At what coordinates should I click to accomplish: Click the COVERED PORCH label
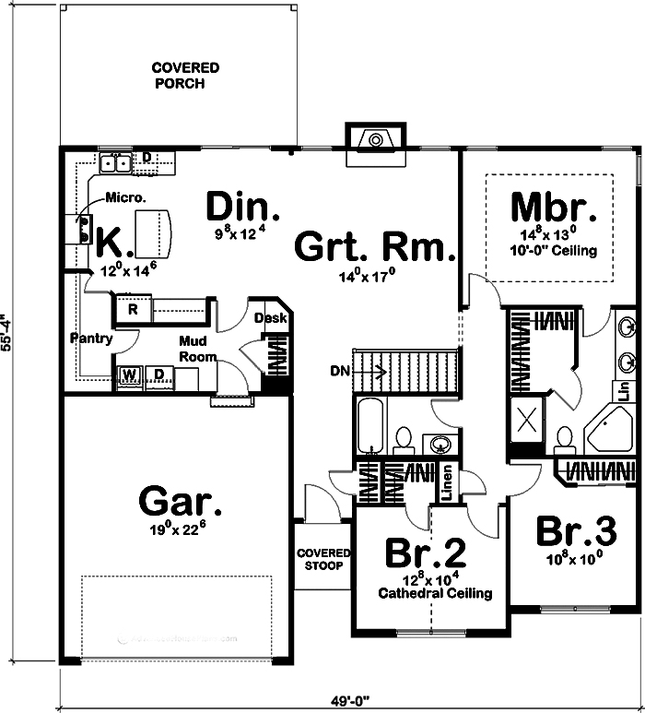pyautogui.click(x=185, y=76)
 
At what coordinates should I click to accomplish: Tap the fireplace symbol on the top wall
pyautogui.click(x=373, y=140)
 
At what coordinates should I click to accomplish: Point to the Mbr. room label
pyautogui.click(x=548, y=205)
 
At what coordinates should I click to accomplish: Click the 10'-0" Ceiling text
pyautogui.click(x=551, y=250)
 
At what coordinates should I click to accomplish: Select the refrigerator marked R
pyautogui.click(x=133, y=310)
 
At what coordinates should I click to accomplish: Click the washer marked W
pyautogui.click(x=128, y=374)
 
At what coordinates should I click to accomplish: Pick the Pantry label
pyautogui.click(x=91, y=339)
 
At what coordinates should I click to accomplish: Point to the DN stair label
pyautogui.click(x=338, y=372)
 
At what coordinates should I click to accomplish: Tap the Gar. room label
pyautogui.click(x=181, y=503)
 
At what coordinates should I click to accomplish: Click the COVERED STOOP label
pyautogui.click(x=323, y=559)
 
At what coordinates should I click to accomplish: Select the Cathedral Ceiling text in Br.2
pyautogui.click(x=435, y=593)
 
